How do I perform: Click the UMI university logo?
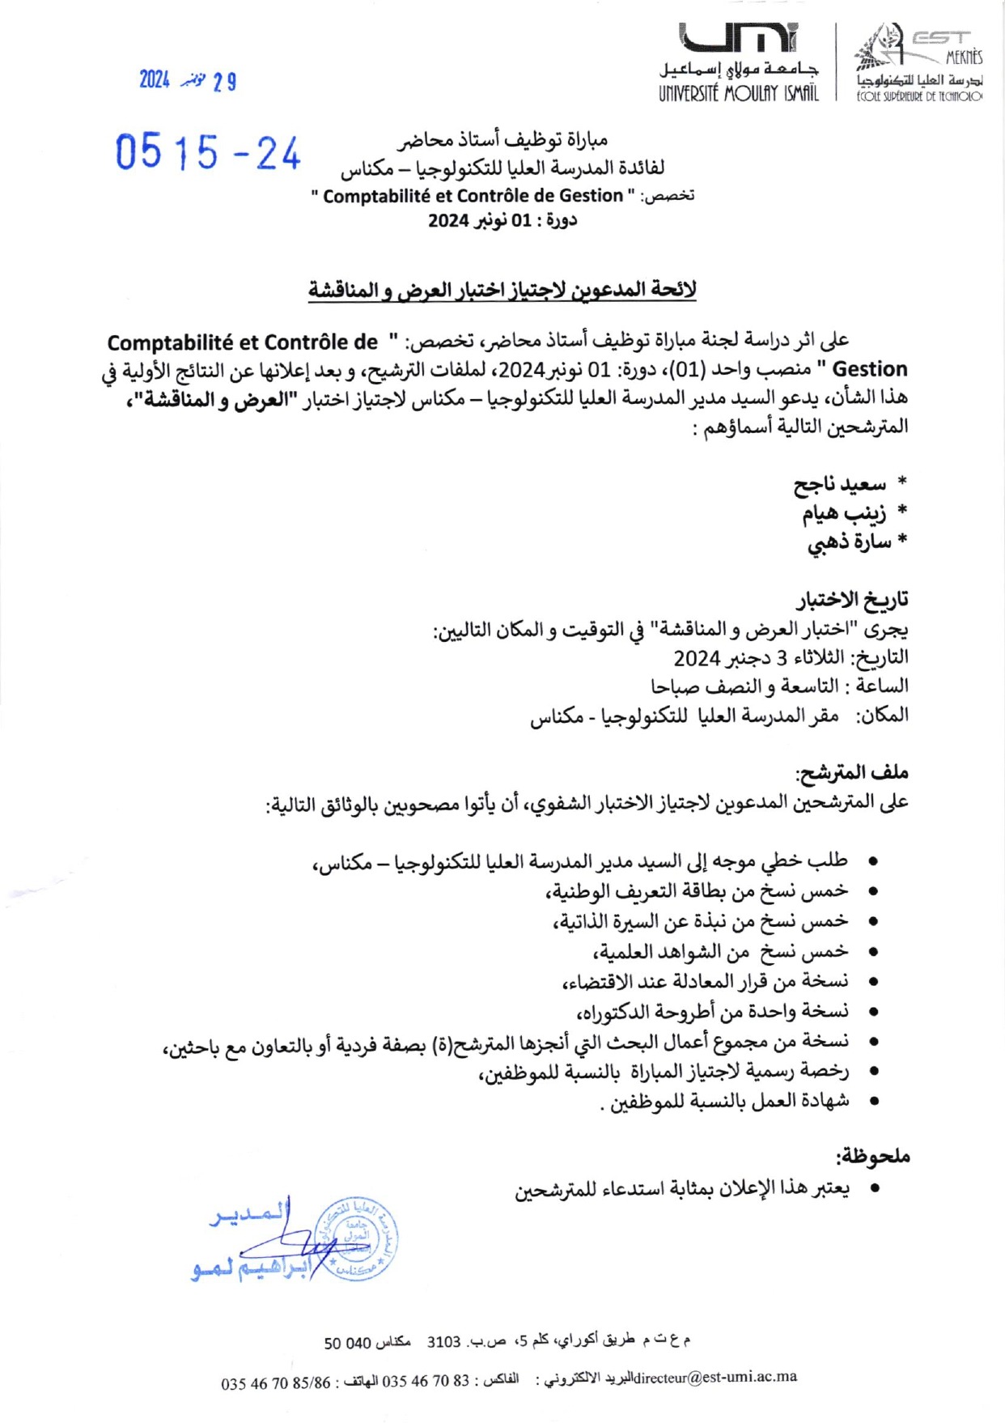738,38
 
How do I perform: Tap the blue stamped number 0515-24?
208,152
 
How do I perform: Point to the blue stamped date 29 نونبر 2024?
188,80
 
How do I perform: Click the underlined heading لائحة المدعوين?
502,290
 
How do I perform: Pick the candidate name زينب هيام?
843,513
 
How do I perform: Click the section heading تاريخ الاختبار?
852,600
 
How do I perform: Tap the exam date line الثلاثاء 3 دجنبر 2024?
791,657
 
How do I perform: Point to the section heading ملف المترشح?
851,773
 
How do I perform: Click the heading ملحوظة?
873,1157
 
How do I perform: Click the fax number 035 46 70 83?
426,1381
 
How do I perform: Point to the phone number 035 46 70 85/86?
276,1383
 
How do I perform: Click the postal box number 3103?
443,1342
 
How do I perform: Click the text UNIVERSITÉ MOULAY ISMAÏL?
738,94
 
